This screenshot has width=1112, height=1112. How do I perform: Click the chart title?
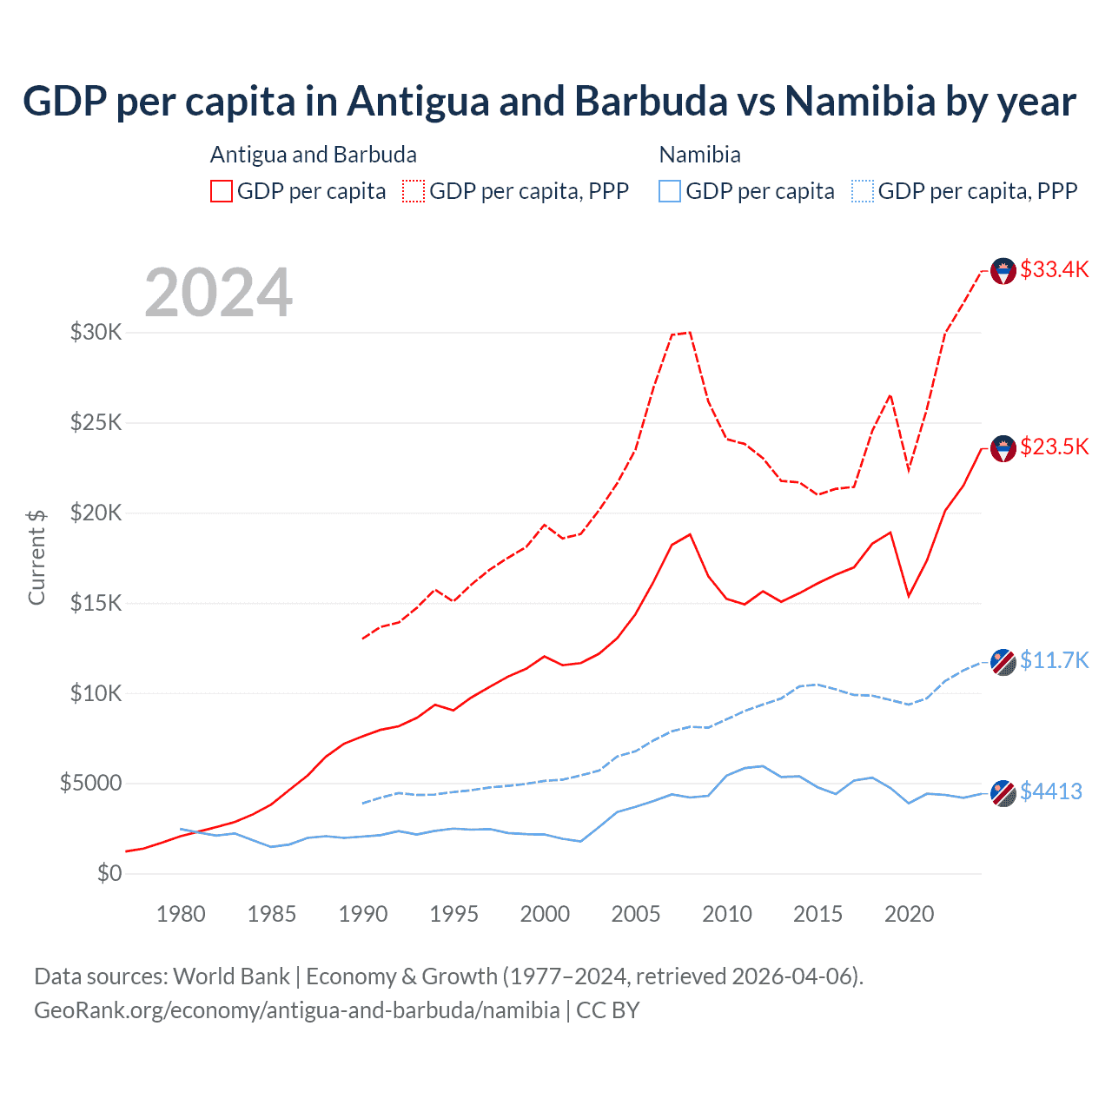(x=549, y=102)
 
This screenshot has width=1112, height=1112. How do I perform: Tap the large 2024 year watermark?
(x=218, y=293)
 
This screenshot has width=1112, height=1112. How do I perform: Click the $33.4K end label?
(x=1054, y=269)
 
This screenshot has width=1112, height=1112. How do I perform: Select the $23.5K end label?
(x=1054, y=447)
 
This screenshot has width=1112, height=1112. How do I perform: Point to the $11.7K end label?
(x=1054, y=660)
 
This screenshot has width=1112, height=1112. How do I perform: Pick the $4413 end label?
(x=1050, y=791)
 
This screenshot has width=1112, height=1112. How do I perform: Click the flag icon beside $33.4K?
(x=1003, y=271)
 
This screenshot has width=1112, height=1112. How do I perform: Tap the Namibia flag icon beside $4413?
(x=1003, y=793)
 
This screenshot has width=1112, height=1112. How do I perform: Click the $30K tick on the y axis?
(x=96, y=332)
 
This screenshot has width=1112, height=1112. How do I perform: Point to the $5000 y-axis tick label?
(x=90, y=783)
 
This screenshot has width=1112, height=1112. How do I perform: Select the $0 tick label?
(x=109, y=873)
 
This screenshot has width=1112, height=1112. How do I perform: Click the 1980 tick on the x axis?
(x=181, y=914)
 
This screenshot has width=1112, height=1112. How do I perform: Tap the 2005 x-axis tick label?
(x=636, y=914)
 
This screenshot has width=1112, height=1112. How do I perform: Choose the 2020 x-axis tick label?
(x=909, y=914)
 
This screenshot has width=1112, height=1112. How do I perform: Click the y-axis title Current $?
(x=36, y=557)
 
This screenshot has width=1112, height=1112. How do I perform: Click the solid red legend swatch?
(x=222, y=191)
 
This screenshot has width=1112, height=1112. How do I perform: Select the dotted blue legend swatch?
(x=863, y=191)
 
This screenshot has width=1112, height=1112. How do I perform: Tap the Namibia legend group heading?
(x=699, y=155)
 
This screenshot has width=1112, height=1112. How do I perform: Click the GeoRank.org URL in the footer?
(x=297, y=1010)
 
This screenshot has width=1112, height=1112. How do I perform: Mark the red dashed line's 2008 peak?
(x=689, y=332)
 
